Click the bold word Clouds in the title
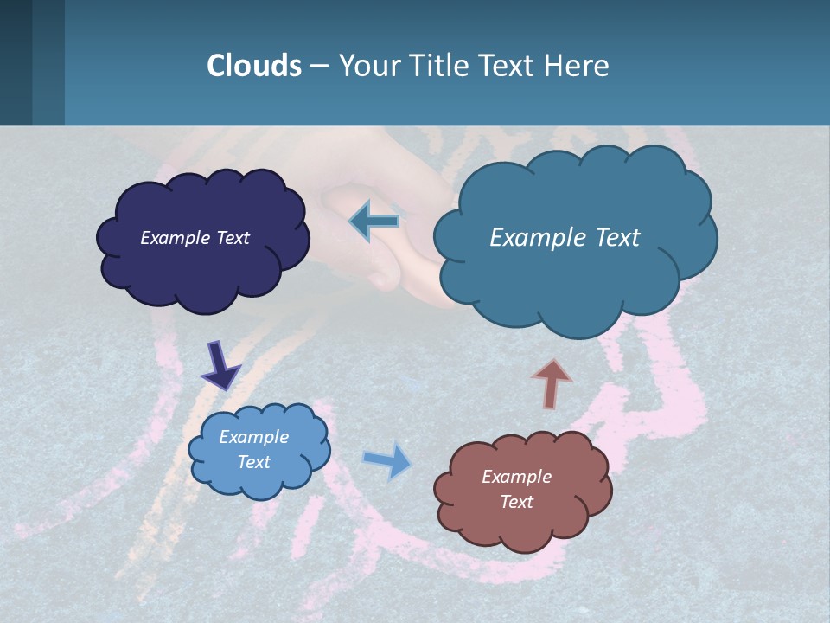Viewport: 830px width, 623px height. pyautogui.click(x=254, y=66)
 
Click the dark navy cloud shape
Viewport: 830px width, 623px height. pyautogui.click(x=203, y=268)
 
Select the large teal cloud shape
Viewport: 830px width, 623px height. pyautogui.click(x=575, y=286)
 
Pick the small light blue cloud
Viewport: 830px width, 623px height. pyautogui.click(x=259, y=480)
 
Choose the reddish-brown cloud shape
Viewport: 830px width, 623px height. pyautogui.click(x=523, y=528)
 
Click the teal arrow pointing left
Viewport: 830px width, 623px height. pyautogui.click(x=373, y=222)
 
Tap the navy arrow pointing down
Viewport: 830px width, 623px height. pyautogui.click(x=220, y=365)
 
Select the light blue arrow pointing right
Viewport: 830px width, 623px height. pyautogui.click(x=388, y=459)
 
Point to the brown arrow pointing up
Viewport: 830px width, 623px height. pyautogui.click(x=552, y=383)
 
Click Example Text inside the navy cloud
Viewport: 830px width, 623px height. pyautogui.click(x=195, y=238)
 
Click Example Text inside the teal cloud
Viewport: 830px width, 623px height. pyautogui.click(x=565, y=238)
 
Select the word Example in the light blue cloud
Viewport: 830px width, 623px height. pyautogui.click(x=253, y=437)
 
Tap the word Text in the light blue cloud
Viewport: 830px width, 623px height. pyautogui.click(x=253, y=462)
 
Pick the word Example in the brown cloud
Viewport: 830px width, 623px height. pyautogui.click(x=516, y=477)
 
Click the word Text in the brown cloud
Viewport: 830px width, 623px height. pyautogui.click(x=516, y=502)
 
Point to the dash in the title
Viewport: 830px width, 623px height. pyautogui.click(x=319, y=66)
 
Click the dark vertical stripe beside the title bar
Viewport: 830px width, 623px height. pyautogui.click(x=16, y=62)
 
